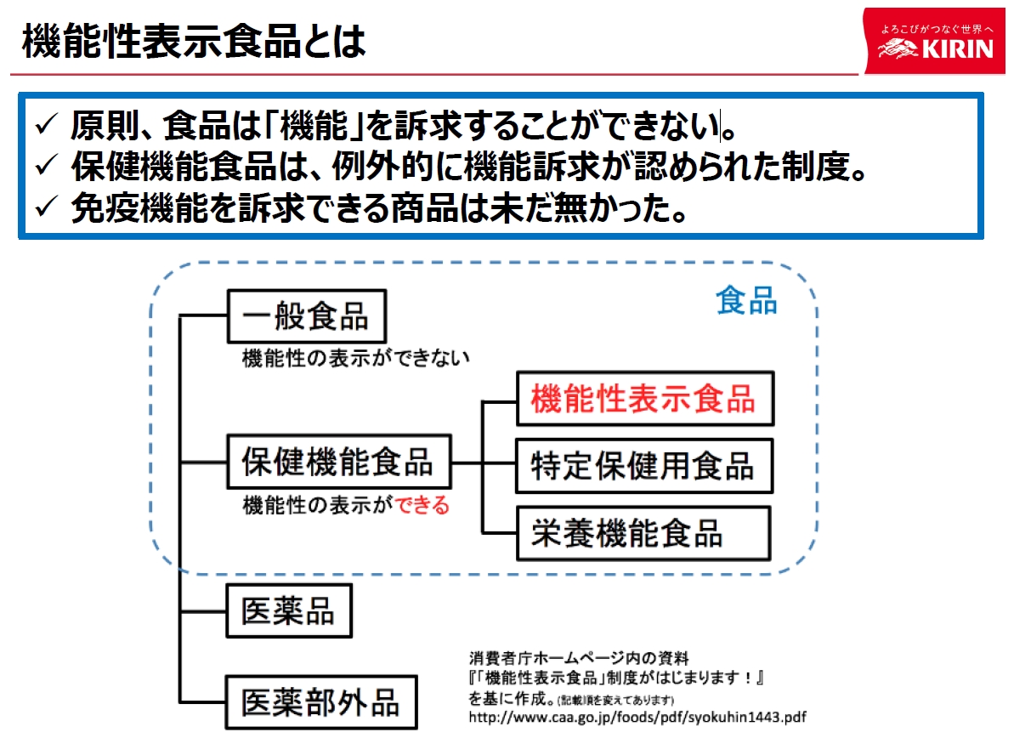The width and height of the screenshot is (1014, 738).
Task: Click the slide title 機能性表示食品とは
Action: click(194, 40)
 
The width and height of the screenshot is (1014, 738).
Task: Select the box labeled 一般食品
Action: click(306, 317)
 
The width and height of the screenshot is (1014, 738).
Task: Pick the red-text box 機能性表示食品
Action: click(643, 398)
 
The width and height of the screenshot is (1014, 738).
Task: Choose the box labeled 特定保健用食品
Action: click(643, 466)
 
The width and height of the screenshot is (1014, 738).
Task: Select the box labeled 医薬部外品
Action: click(320, 702)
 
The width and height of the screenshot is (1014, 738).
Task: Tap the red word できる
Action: click(422, 506)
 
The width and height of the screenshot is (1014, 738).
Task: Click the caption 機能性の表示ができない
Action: click(355, 358)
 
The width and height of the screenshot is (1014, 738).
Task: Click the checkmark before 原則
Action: click(44, 127)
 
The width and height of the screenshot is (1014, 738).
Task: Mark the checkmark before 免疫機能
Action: click(44, 209)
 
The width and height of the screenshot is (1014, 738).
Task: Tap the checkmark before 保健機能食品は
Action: click(44, 167)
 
